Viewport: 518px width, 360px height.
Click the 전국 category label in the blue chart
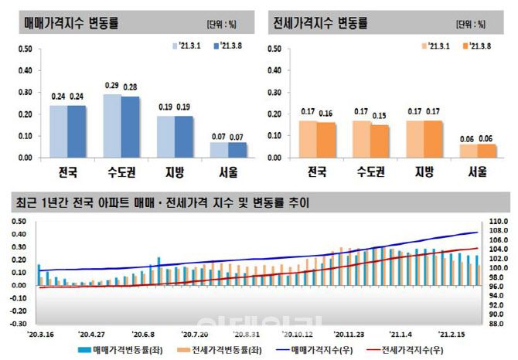[66, 171]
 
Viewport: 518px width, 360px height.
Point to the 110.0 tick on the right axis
[497, 222]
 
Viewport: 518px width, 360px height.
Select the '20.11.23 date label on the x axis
[349, 336]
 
